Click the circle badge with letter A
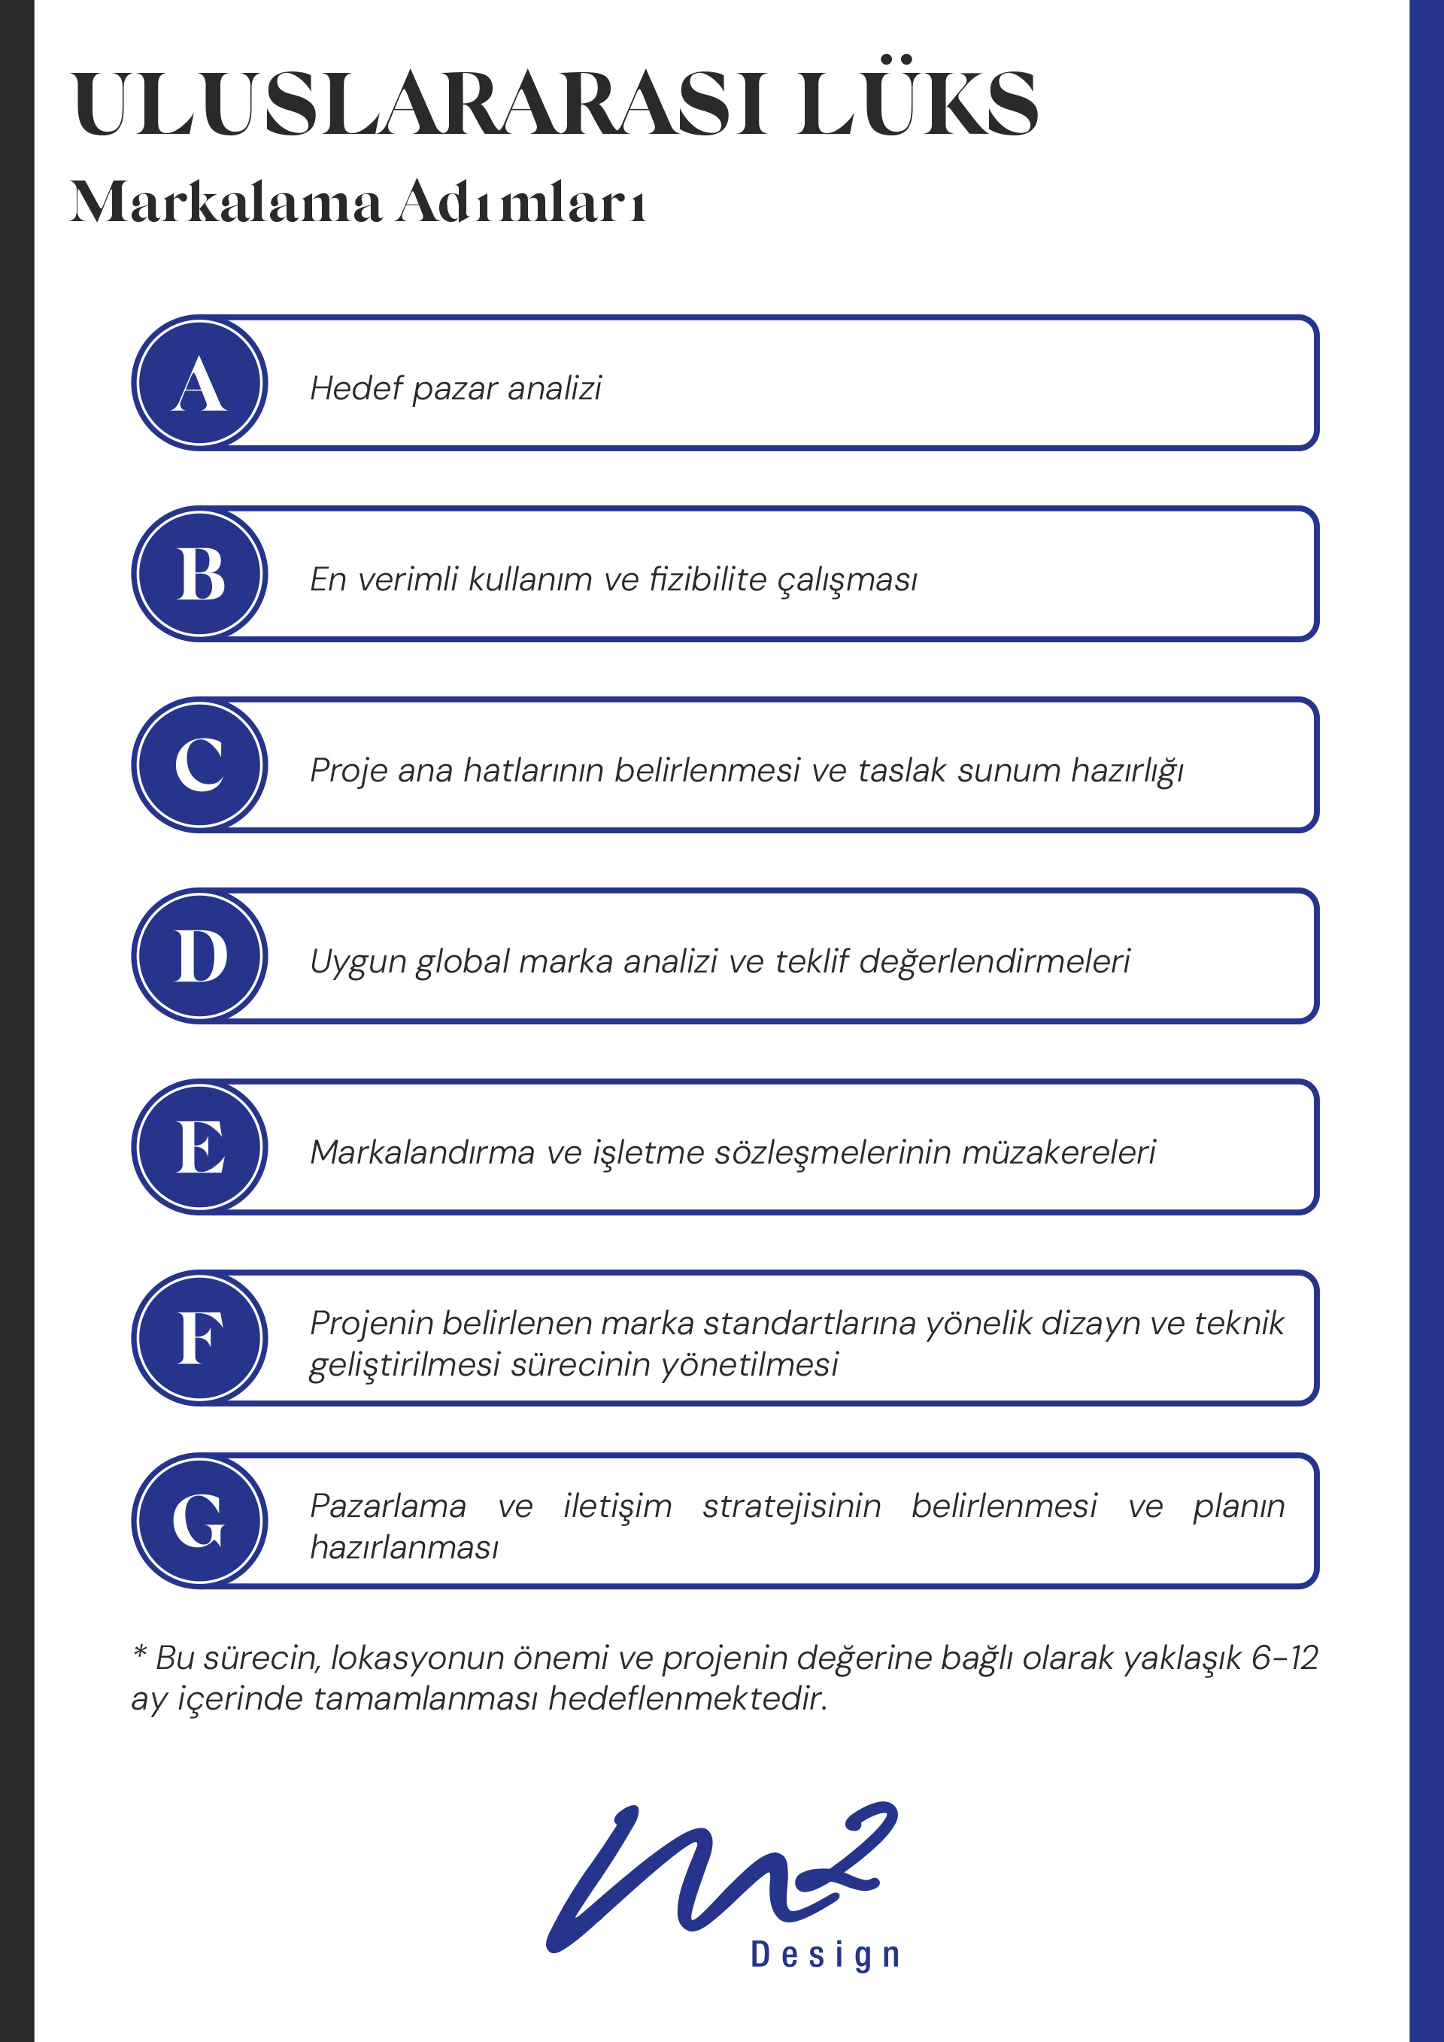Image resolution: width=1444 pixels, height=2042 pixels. (x=199, y=384)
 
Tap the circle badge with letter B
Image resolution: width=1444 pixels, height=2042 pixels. (x=199, y=574)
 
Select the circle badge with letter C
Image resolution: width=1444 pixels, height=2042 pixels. (x=199, y=765)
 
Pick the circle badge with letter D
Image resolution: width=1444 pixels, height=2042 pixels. (x=199, y=956)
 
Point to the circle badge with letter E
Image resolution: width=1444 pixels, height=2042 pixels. (x=199, y=1146)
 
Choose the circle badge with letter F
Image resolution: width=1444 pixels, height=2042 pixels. (x=199, y=1337)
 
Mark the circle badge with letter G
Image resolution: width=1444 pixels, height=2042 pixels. (x=199, y=1521)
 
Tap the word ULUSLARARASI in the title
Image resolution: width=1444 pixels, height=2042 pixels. (x=418, y=105)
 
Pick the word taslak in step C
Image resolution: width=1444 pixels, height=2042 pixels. (x=902, y=770)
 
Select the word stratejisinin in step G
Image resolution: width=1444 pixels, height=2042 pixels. (x=791, y=1506)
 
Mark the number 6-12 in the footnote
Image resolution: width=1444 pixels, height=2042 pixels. (x=1284, y=1658)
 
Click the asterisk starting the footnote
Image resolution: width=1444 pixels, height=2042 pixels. (x=140, y=1653)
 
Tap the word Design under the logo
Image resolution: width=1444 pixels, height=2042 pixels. (x=825, y=1955)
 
